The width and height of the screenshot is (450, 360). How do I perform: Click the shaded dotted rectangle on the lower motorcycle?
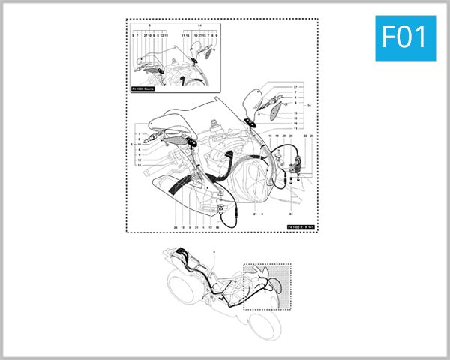[268, 284]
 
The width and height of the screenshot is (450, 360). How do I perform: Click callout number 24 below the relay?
[292, 193]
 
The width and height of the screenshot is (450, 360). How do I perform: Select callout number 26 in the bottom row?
[175, 226]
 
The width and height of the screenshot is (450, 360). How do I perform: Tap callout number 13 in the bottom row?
[182, 226]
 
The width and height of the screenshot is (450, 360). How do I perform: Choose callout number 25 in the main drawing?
[291, 136]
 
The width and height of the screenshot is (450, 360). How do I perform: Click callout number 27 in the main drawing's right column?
[295, 88]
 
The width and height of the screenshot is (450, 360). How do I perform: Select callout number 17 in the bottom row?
[210, 226]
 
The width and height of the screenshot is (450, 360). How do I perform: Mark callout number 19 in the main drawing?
[277, 136]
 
